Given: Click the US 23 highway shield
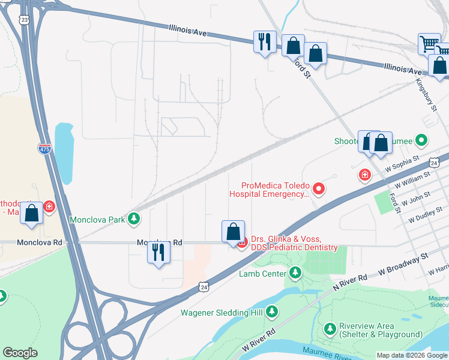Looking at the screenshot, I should (x=24, y=20).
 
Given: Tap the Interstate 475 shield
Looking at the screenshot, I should (x=44, y=148).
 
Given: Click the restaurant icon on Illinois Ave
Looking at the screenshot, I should (x=264, y=42).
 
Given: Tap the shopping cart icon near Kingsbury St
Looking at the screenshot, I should (x=429, y=43).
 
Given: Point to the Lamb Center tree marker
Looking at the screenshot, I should (x=295, y=274).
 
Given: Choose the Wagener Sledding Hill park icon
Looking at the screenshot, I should (x=272, y=312).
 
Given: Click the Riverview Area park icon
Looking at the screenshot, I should (x=330, y=329).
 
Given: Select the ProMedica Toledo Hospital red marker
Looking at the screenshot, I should (x=319, y=190).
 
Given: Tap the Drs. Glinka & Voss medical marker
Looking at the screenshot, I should (x=243, y=243).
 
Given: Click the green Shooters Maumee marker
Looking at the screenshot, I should (x=422, y=141).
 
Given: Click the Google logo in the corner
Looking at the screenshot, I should (x=20, y=353).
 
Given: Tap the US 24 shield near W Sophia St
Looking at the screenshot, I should (x=435, y=162).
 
